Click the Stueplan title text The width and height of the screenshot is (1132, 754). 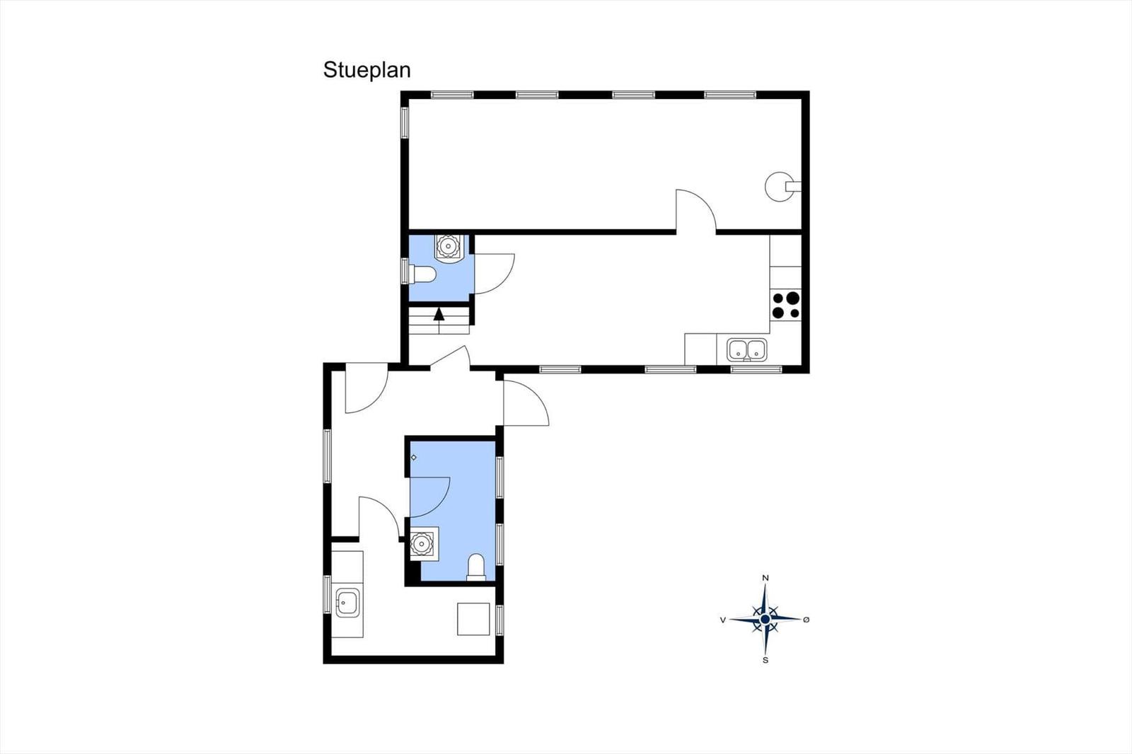pyautogui.click(x=367, y=71)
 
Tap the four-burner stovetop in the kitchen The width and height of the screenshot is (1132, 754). pyautogui.click(x=786, y=306)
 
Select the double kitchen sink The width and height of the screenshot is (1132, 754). pyautogui.click(x=747, y=349)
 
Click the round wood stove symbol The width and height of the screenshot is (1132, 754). pyautogui.click(x=781, y=187)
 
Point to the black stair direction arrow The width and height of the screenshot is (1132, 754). pyautogui.click(x=439, y=314)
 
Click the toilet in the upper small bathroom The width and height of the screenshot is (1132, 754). pyautogui.click(x=423, y=274)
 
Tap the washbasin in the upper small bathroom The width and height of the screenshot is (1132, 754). pyautogui.click(x=447, y=247)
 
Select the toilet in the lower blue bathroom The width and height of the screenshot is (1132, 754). pyautogui.click(x=476, y=567)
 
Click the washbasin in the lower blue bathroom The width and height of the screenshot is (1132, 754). pyautogui.click(x=422, y=544)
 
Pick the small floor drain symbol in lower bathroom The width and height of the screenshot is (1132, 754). pyautogui.click(x=413, y=458)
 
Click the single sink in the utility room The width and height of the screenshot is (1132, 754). pyautogui.click(x=347, y=603)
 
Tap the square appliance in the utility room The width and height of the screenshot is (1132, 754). pyautogui.click(x=473, y=619)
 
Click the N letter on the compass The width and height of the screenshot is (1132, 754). pyautogui.click(x=766, y=578)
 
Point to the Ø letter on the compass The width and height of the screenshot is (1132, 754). pyautogui.click(x=807, y=620)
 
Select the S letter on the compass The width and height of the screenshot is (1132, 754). pyautogui.click(x=766, y=661)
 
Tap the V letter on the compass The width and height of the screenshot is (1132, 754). pyautogui.click(x=723, y=620)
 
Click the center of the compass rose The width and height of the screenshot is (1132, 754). pyautogui.click(x=765, y=619)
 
